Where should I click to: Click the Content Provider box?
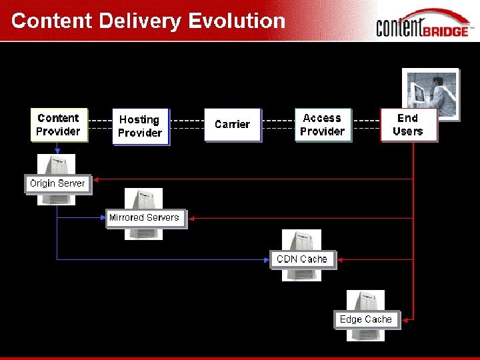click(58, 125)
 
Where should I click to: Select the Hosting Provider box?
click(140, 126)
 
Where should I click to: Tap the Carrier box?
click(232, 125)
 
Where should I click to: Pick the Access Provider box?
click(322, 125)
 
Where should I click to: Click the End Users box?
click(408, 125)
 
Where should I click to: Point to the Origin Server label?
click(57, 183)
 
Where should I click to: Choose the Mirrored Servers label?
click(144, 217)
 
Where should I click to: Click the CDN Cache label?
click(302, 259)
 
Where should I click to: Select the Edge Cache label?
click(366, 319)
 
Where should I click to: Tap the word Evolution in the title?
click(237, 21)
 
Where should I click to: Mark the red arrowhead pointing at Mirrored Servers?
click(191, 217)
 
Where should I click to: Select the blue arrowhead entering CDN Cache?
click(267, 259)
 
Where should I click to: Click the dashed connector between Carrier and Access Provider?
click(278, 124)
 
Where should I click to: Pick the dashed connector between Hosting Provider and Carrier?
click(187, 124)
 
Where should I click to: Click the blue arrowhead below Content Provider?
click(57, 151)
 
